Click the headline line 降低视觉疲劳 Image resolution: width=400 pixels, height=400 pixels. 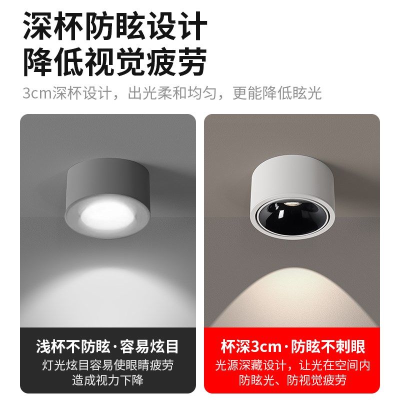tap(115, 62)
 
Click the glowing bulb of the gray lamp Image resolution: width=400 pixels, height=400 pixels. tap(107, 213)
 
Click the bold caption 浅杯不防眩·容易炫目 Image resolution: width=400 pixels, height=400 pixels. tap(107, 346)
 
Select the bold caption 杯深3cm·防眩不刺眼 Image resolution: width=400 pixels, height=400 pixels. tap(292, 346)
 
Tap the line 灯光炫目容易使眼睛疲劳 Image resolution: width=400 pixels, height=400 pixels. tap(107, 365)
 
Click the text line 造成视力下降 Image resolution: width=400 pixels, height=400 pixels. tap(107, 380)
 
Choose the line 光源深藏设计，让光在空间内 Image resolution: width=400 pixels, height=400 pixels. tap(292, 365)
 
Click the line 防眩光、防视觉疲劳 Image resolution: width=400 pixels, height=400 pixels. tap(292, 380)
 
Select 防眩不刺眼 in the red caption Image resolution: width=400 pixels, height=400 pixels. tap(330, 346)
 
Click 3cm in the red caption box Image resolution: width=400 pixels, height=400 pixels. tap(267, 346)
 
